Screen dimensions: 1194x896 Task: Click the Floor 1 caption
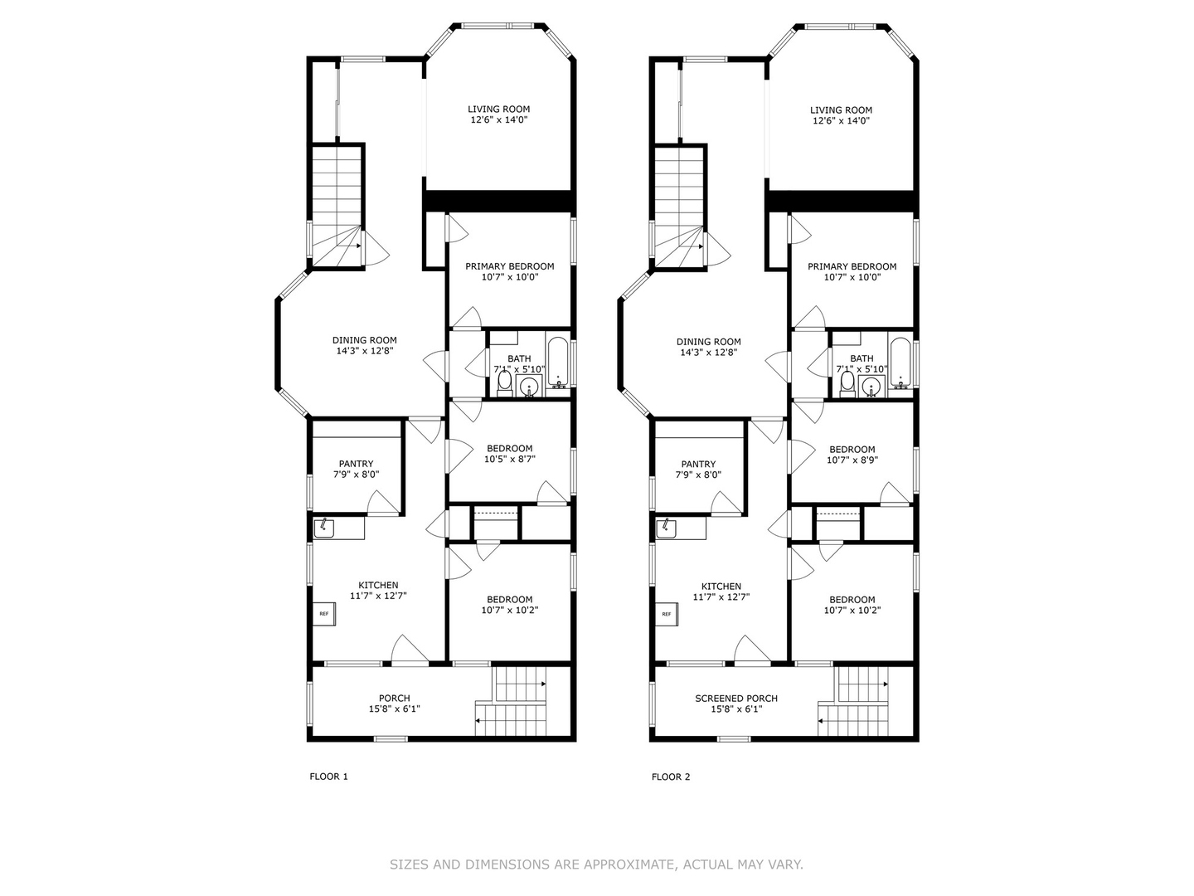[328, 777]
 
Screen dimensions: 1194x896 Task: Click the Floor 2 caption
[671, 777]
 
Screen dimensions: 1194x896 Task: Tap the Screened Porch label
[736, 699]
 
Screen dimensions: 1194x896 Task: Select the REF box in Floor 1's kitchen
[323, 614]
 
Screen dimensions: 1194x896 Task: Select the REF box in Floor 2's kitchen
[667, 614]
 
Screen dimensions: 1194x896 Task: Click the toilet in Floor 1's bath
[504, 383]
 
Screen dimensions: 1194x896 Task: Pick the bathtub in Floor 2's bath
[900, 363]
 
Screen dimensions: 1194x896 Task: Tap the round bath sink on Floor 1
[529, 387]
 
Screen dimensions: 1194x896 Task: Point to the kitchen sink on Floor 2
[666, 528]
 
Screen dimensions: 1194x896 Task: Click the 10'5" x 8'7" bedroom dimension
[510, 459]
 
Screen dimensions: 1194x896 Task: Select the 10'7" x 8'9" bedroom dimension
[852, 460]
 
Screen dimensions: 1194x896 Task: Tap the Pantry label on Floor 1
[357, 464]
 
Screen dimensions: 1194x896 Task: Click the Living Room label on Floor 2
[841, 110]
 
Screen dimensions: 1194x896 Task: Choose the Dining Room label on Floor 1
[365, 340]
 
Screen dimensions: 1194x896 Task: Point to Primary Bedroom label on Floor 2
[852, 266]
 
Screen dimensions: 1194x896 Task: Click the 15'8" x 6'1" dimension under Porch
[395, 709]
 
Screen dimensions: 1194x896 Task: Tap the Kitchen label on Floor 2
[721, 587]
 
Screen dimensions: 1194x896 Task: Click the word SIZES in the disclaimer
[409, 864]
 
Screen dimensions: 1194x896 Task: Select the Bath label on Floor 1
[520, 359]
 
